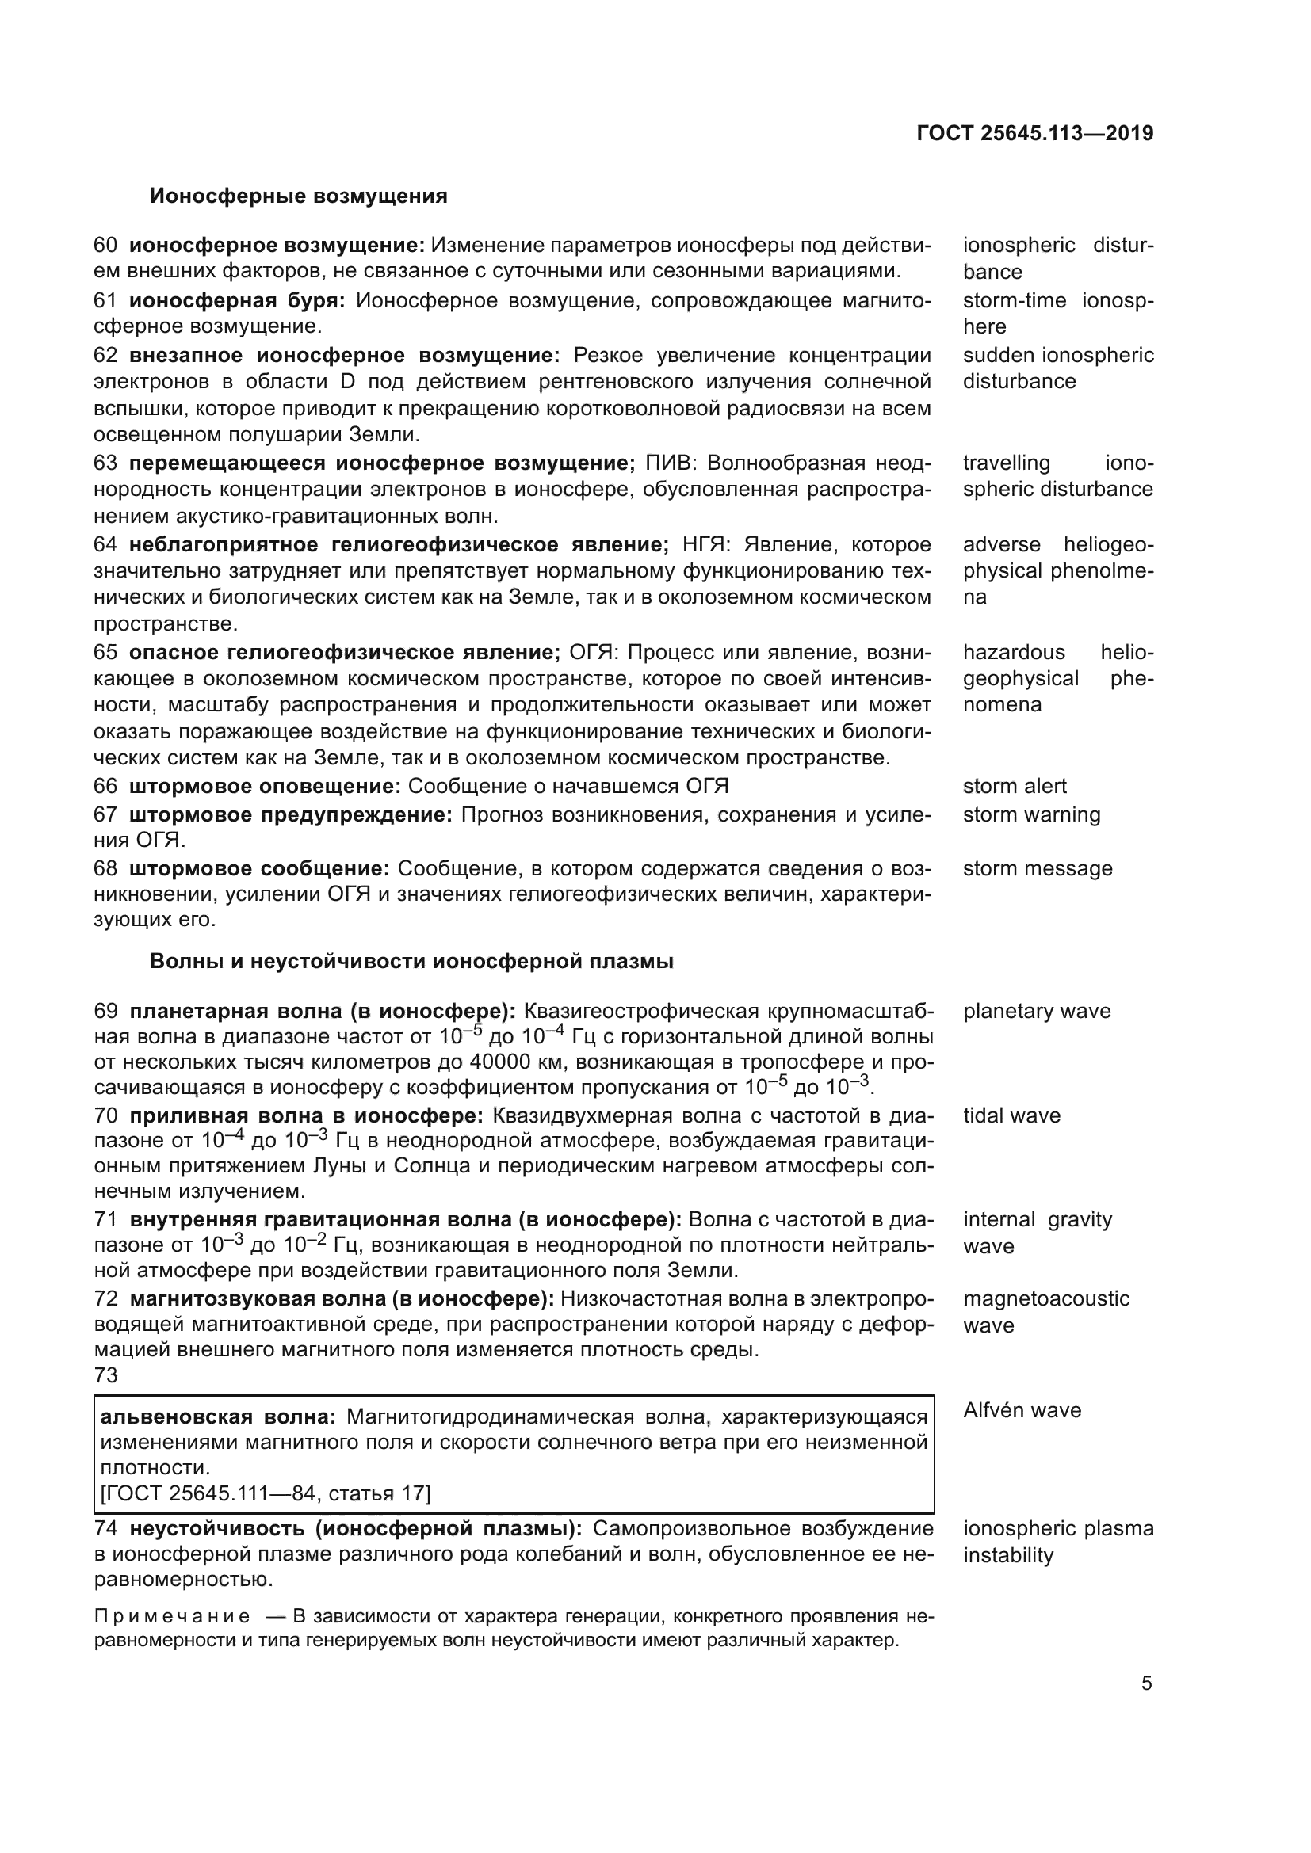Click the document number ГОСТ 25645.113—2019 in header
[1035, 133]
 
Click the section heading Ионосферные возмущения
[298, 196]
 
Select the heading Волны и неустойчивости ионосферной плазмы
[411, 961]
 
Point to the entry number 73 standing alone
[105, 1375]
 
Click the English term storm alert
[1014, 786]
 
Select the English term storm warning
[1031, 814]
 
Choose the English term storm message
[1038, 868]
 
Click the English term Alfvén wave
[1021, 1410]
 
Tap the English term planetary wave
[1037, 1011]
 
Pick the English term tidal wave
[1011, 1115]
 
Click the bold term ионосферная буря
[236, 301]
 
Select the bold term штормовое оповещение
[264, 786]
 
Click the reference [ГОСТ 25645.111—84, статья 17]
[265, 1493]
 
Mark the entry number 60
[105, 246]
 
